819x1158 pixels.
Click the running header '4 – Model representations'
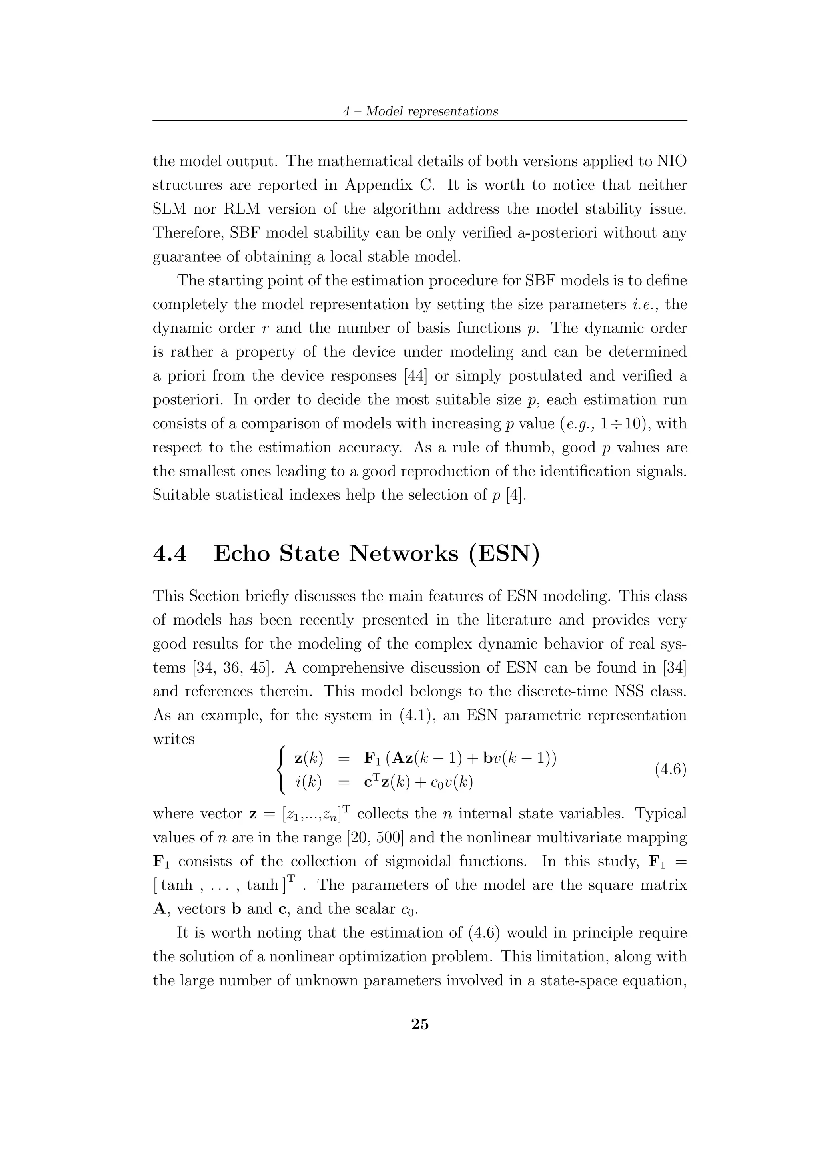click(420, 111)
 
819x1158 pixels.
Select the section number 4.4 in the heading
click(170, 554)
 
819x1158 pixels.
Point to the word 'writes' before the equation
click(174, 739)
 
